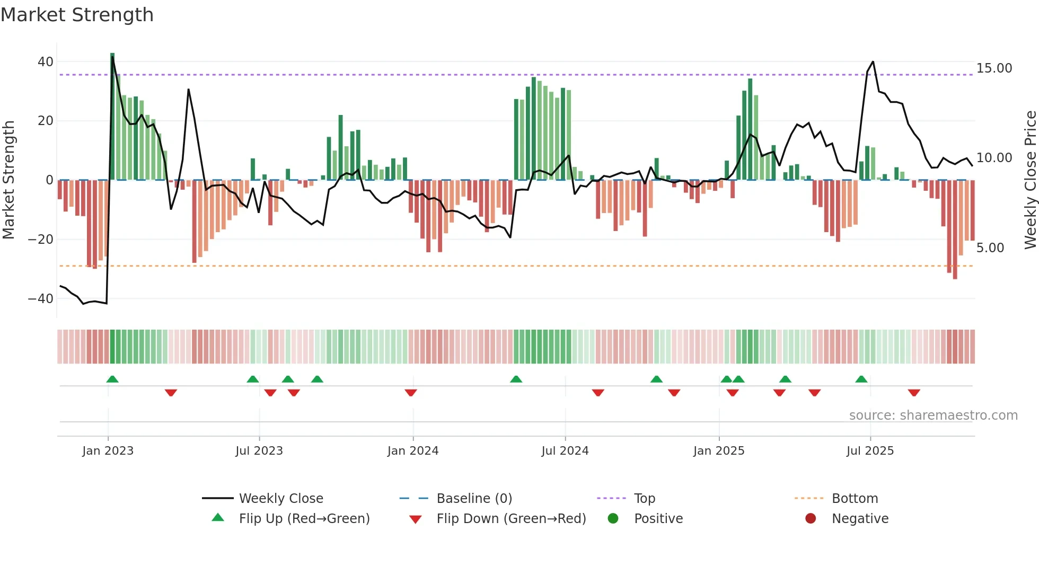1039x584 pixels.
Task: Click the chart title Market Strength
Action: click(x=77, y=15)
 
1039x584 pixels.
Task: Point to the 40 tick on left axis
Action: click(x=46, y=62)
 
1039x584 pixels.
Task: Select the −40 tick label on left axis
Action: click(x=41, y=299)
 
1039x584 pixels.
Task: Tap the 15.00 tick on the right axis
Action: click(x=994, y=68)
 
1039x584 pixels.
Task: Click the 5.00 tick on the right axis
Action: click(x=990, y=248)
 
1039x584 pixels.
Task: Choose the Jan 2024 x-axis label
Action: click(x=412, y=451)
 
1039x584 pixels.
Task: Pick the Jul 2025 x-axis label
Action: click(x=870, y=451)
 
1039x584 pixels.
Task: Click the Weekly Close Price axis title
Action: click(x=1030, y=180)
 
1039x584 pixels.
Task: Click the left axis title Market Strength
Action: click(x=8, y=180)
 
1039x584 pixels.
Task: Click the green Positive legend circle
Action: click(x=613, y=519)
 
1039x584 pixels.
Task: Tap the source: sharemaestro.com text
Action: click(x=933, y=415)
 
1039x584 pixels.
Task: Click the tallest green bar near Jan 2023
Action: click(x=112, y=117)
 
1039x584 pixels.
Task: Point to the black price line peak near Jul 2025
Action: click(x=873, y=62)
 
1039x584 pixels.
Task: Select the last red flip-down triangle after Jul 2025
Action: click(x=913, y=393)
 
